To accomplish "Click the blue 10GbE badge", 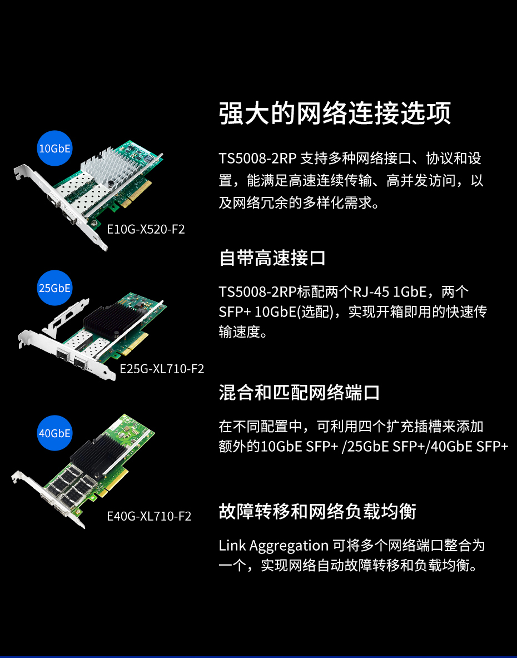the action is (54, 148).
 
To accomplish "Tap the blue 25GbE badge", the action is (54, 288).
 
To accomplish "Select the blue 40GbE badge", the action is (54, 433).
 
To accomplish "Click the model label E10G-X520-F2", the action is (146, 229).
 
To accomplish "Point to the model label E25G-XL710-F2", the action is (162, 369).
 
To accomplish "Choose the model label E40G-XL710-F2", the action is (150, 516).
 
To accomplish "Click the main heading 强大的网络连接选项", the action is (335, 113).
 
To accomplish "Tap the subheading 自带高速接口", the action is (272, 258).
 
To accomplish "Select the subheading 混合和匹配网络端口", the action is (300, 393).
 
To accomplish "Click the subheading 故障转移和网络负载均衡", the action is (317, 512).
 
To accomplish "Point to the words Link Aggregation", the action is (274, 546).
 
